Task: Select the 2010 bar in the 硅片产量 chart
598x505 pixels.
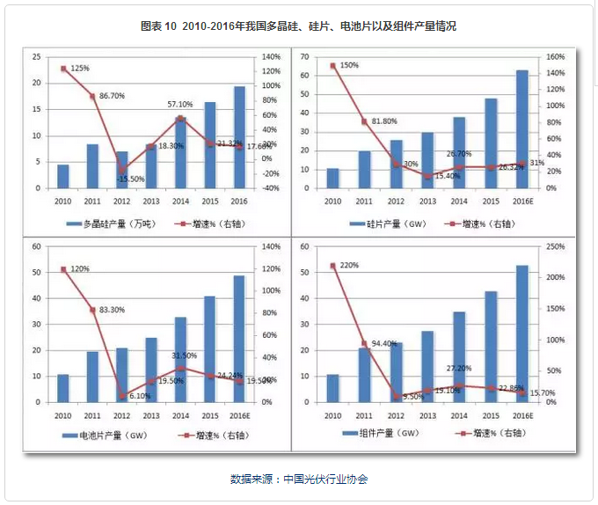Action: [x=332, y=179]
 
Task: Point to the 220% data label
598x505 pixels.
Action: [x=349, y=265]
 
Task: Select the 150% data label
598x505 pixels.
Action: [x=349, y=65]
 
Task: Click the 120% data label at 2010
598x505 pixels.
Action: [x=81, y=268]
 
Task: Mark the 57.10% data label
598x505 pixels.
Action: [x=180, y=105]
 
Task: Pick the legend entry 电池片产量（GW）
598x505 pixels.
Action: [x=111, y=435]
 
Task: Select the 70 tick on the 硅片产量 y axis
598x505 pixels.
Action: [x=307, y=56]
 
